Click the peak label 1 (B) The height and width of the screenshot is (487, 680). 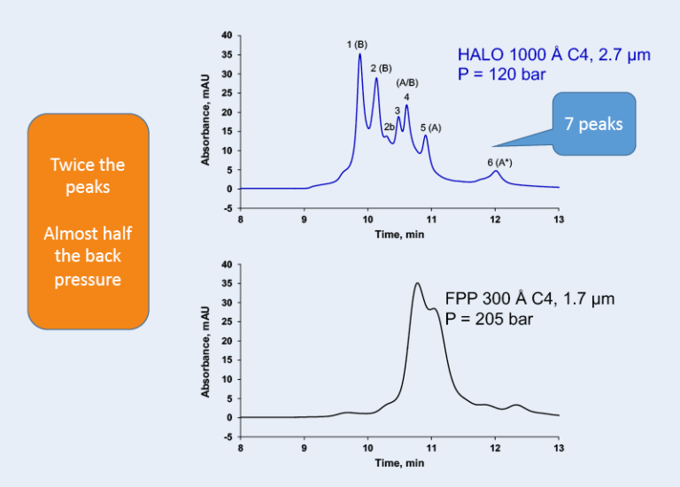357,43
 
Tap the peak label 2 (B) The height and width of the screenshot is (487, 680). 381,67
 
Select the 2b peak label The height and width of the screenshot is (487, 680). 389,127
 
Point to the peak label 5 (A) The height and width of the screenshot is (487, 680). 430,128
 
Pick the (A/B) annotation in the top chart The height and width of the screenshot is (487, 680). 407,82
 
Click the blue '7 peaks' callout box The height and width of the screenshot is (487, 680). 593,124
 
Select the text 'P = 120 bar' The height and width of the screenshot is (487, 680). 502,74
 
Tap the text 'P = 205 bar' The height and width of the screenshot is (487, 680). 489,319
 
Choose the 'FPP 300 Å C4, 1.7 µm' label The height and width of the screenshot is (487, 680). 529,299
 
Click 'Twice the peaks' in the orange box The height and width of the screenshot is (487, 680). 88,176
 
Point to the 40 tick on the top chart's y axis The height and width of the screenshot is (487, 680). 226,35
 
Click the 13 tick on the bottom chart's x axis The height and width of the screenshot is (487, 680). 558,447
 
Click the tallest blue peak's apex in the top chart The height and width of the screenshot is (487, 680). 359,54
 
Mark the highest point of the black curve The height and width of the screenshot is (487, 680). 417,283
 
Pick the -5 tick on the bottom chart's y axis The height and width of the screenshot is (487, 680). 227,437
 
